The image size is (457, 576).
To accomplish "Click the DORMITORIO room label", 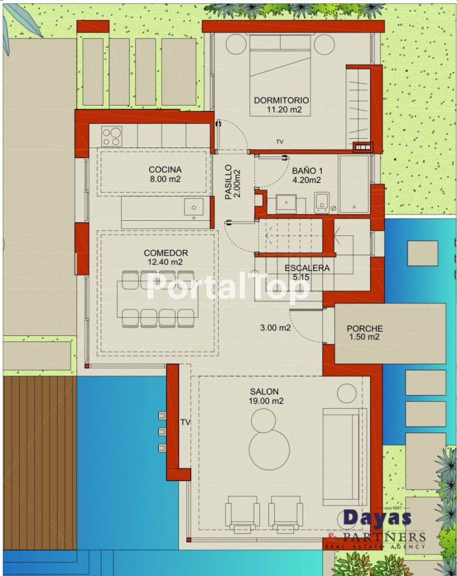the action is (x=281, y=100).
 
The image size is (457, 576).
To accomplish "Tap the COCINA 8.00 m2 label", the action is (x=165, y=174).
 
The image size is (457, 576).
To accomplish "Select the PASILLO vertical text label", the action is (x=228, y=182).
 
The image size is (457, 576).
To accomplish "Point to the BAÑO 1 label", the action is (x=307, y=171).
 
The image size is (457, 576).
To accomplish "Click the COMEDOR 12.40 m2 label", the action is (x=166, y=257).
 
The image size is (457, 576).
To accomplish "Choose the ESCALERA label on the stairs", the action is (x=307, y=268).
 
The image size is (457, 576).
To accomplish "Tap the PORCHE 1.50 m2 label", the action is (x=364, y=332).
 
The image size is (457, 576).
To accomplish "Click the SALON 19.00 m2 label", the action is (x=266, y=396).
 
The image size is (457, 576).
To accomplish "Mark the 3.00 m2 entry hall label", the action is (x=275, y=327).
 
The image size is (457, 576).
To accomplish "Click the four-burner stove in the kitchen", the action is (x=111, y=137).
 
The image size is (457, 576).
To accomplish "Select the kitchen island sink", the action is (x=194, y=207).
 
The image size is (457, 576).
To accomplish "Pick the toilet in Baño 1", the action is (x=322, y=203).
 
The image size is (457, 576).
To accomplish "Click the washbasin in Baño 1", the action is (x=287, y=204).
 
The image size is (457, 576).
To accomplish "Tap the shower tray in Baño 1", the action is (x=354, y=184).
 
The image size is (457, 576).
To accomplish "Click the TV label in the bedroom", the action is (x=280, y=142).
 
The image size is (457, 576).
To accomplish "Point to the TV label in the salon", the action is (x=185, y=422).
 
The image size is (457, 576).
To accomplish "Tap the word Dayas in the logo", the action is (x=377, y=518).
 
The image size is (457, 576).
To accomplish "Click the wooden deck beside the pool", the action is (x=39, y=463).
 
